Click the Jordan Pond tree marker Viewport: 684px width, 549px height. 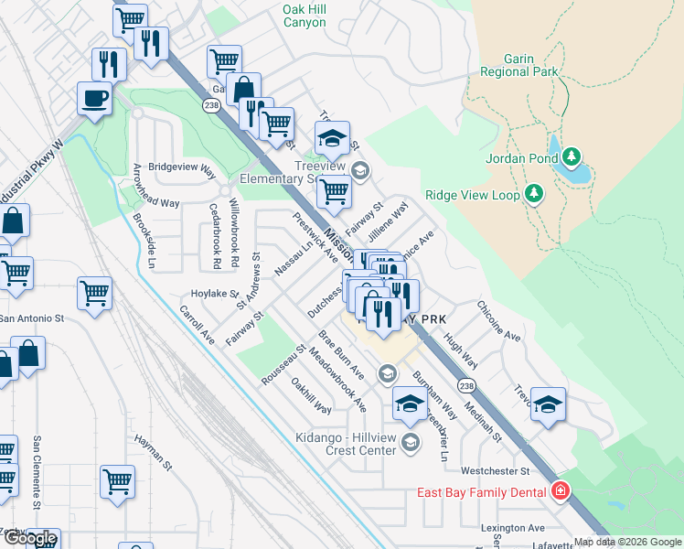point(572,156)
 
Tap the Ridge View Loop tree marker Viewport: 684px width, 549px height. point(535,194)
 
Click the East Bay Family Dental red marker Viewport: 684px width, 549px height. point(560,492)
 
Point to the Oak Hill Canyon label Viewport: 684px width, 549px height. point(305,16)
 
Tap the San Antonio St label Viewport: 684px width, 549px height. point(31,319)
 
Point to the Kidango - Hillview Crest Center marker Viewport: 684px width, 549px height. point(411,444)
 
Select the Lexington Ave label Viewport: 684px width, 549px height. point(513,528)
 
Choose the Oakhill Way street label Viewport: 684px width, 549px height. point(311,395)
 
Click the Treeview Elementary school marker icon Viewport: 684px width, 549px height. point(360,170)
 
